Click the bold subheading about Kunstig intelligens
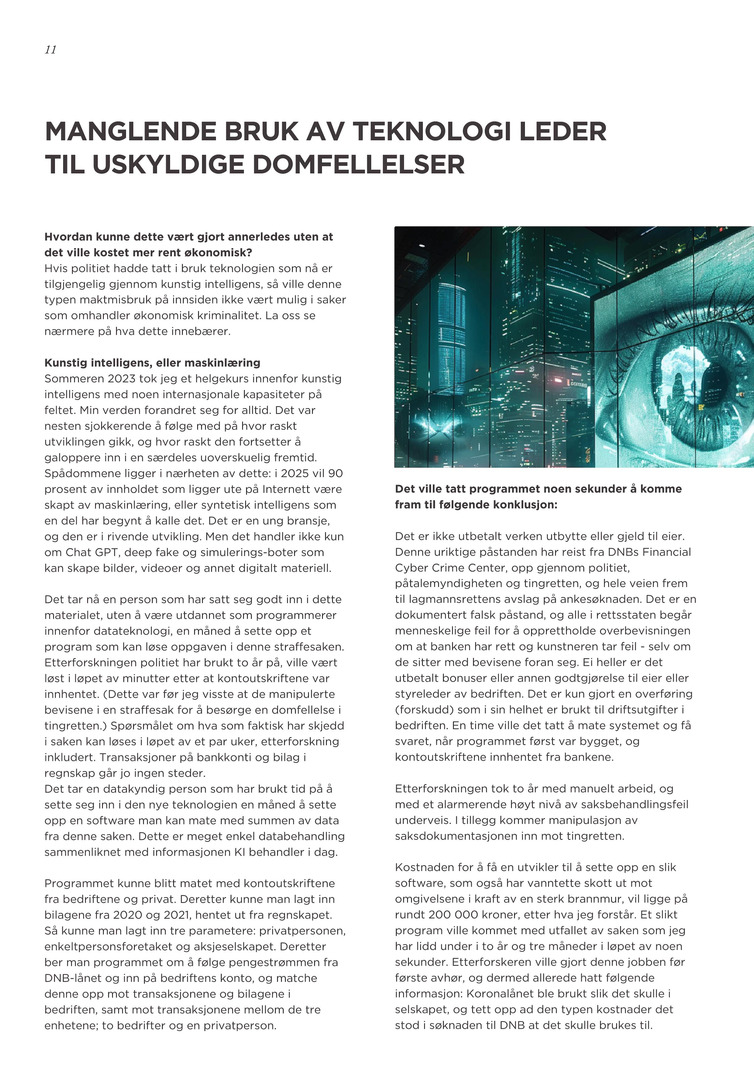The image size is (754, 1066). click(x=152, y=363)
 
